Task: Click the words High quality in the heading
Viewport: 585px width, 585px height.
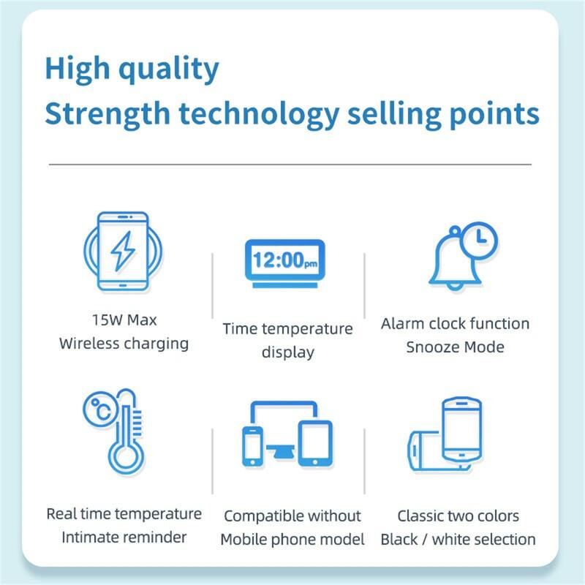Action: coord(132,69)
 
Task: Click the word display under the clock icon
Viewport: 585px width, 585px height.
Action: coord(288,352)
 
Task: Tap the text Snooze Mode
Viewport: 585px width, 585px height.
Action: coord(455,347)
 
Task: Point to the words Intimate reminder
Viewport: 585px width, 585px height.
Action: coord(124,537)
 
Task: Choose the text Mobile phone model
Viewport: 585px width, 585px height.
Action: coord(292,540)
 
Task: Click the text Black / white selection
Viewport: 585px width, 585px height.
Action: coord(458,540)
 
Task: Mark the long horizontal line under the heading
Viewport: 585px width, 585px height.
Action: coord(290,165)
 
